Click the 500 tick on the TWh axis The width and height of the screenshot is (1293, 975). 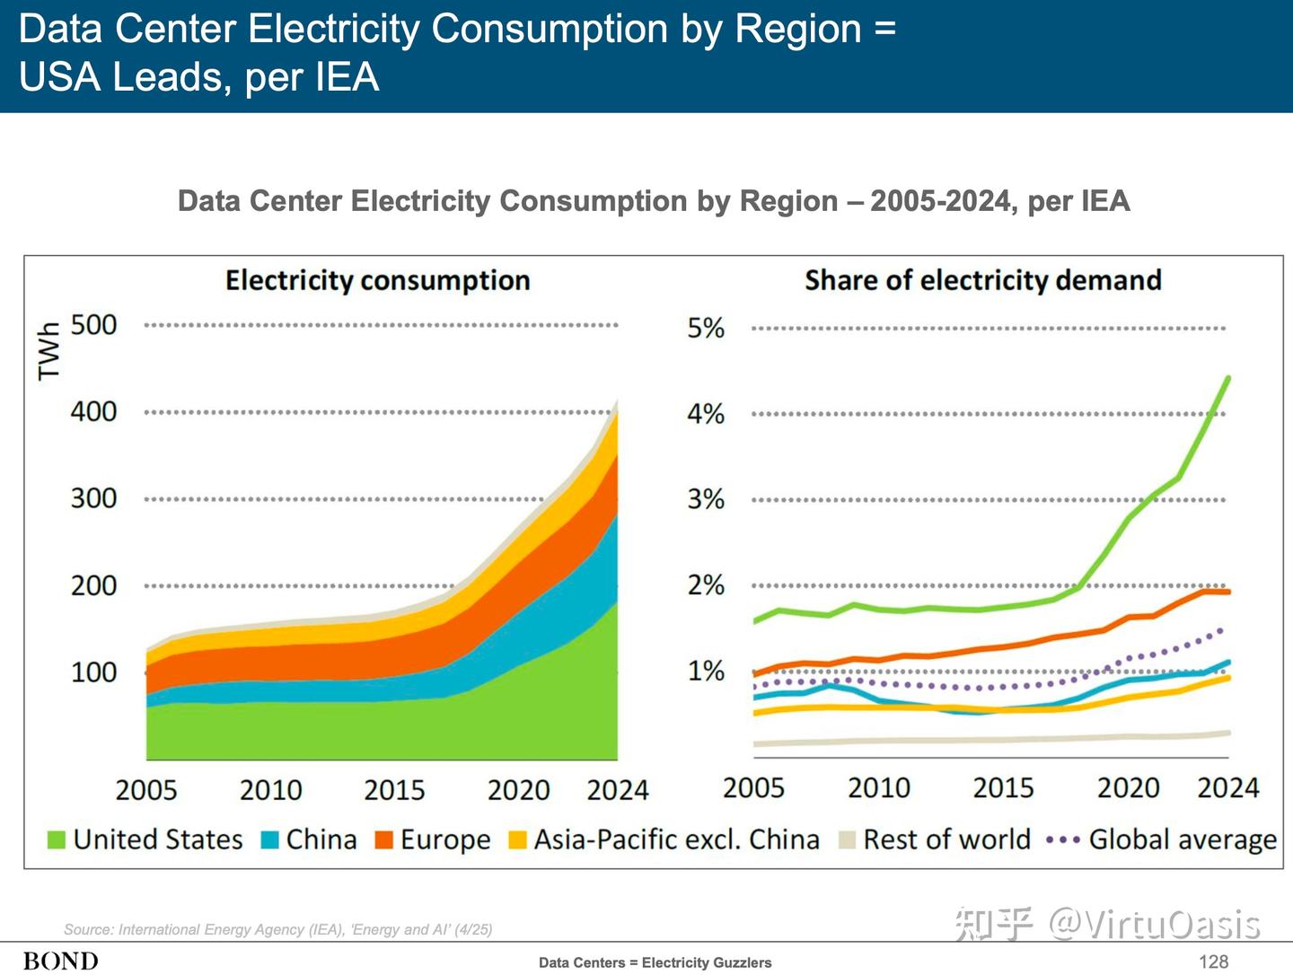(x=93, y=325)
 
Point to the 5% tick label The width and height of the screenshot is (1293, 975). (x=706, y=328)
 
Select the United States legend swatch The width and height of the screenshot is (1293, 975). (x=57, y=840)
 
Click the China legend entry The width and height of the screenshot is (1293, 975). (x=309, y=839)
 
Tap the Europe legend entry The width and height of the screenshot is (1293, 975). (x=433, y=839)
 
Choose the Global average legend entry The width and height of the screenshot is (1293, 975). (x=1161, y=839)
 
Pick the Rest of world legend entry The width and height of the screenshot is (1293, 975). (x=934, y=839)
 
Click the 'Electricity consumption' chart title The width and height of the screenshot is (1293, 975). (x=378, y=280)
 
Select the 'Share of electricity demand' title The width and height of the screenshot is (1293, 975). (x=983, y=280)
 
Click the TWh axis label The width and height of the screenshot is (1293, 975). (x=49, y=352)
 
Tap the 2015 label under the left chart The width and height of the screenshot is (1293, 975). (x=394, y=790)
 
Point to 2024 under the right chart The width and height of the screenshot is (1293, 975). (x=1228, y=787)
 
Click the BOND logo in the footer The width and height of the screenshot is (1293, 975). (x=61, y=962)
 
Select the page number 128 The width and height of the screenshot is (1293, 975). (x=1213, y=962)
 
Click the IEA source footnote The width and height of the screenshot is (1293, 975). (x=278, y=930)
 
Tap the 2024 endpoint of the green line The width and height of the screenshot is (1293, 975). (x=1228, y=377)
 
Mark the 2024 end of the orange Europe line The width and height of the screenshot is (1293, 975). (x=1228, y=592)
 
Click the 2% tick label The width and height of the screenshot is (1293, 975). (x=706, y=585)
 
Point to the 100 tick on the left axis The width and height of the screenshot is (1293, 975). (x=93, y=672)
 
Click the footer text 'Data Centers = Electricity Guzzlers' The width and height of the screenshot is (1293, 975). (x=655, y=962)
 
